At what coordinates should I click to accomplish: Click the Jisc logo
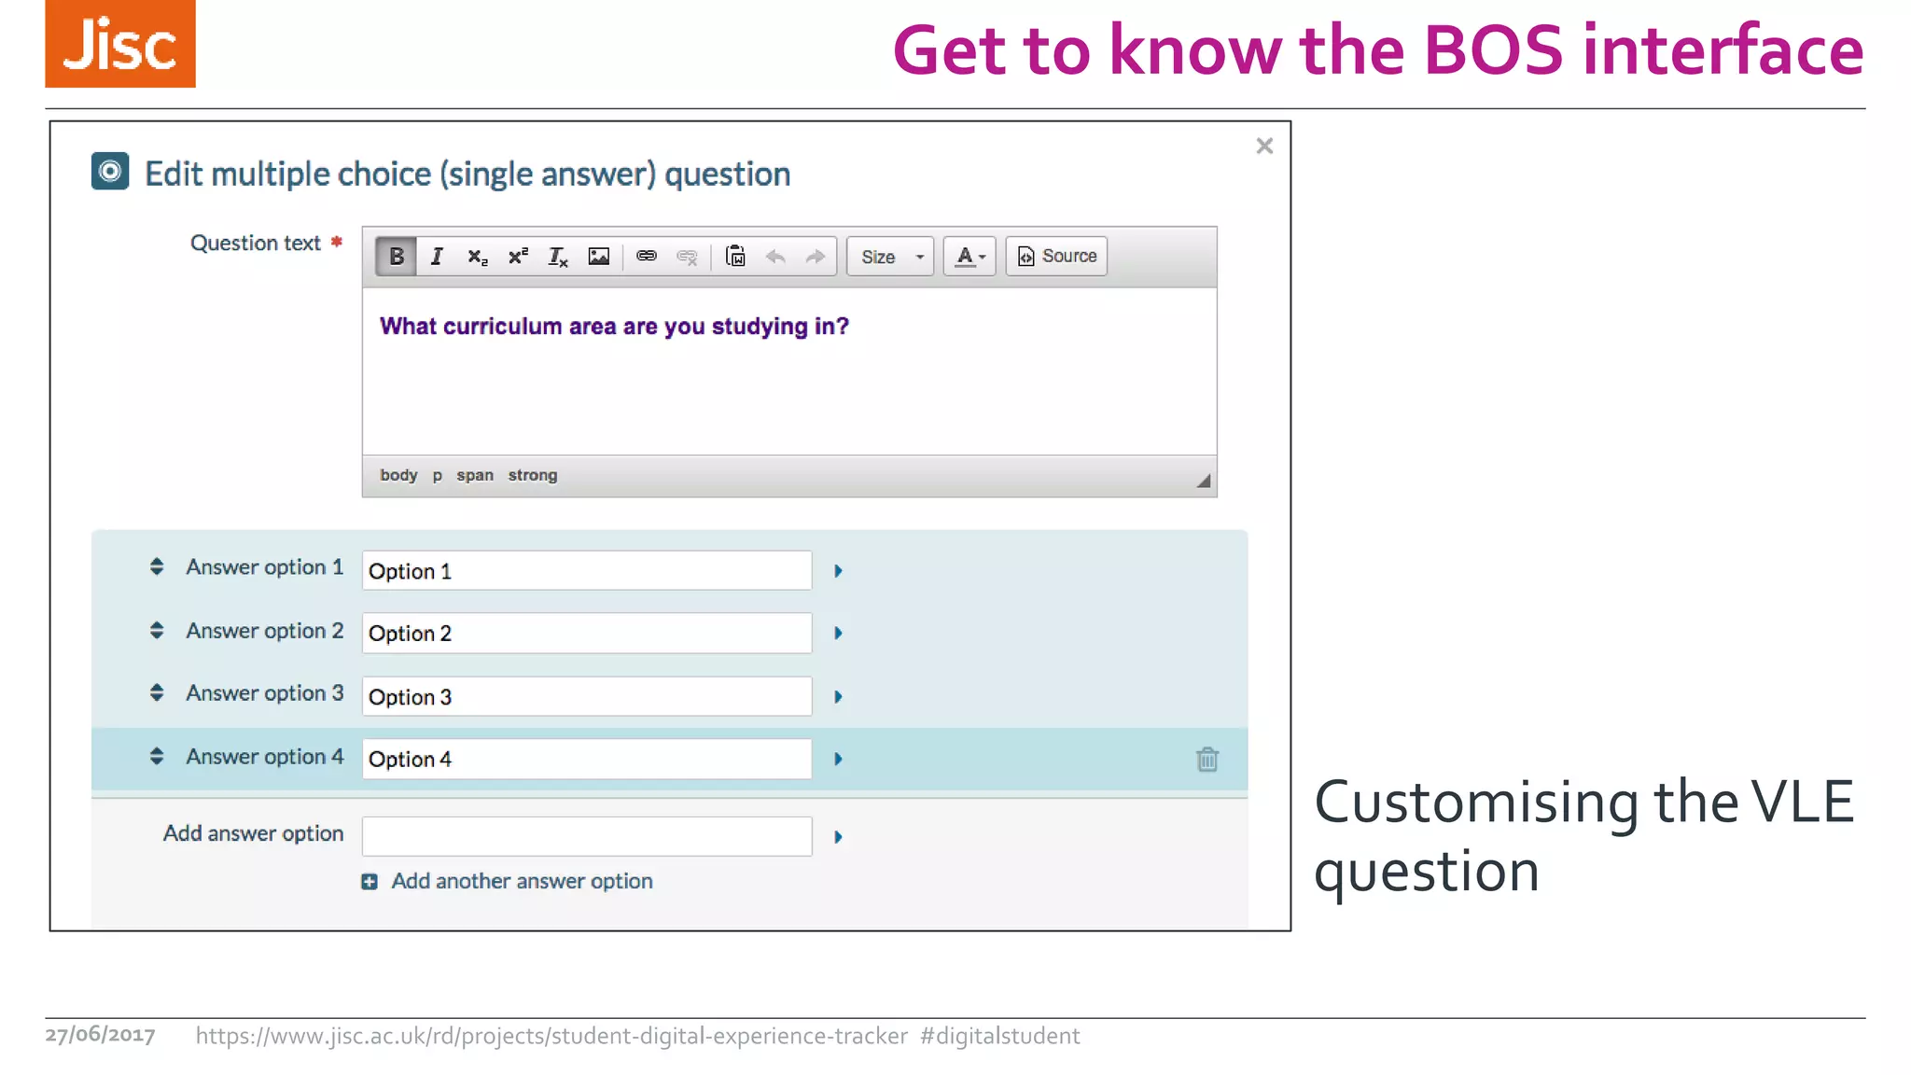click(120, 44)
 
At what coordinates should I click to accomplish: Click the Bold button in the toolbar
click(397, 257)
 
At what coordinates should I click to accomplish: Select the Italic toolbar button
click(437, 257)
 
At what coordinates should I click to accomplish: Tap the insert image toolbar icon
click(598, 257)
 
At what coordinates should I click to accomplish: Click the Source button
click(1056, 257)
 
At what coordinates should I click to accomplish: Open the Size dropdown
click(891, 257)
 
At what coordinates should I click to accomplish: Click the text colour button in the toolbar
click(969, 257)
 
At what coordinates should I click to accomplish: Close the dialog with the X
click(1264, 147)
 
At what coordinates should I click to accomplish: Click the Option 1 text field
click(586, 571)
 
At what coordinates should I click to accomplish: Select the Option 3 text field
click(586, 697)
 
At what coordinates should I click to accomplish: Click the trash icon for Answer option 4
click(1207, 760)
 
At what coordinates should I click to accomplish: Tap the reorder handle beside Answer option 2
click(157, 632)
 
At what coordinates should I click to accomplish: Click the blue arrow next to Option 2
click(838, 634)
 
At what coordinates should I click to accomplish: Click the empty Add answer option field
click(586, 836)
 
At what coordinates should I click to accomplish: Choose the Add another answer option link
click(521, 882)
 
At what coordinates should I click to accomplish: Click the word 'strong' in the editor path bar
click(532, 476)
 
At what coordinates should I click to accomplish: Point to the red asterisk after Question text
click(337, 243)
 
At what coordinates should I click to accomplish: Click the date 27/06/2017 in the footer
click(100, 1036)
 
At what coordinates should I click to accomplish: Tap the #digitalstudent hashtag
click(999, 1037)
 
